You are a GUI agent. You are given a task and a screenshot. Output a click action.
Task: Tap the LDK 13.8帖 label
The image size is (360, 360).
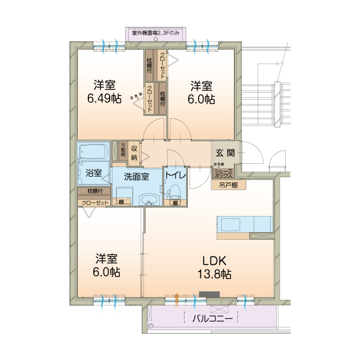point(214,268)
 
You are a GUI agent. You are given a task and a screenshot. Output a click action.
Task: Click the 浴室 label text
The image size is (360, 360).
point(94,173)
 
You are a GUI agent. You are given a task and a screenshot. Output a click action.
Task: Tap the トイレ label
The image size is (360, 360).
point(175,174)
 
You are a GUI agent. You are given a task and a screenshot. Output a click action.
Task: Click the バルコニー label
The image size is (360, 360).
point(212,318)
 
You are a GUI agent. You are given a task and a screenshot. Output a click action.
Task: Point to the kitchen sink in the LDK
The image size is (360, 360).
point(234,224)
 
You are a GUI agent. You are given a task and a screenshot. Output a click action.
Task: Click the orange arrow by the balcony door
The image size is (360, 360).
point(178,299)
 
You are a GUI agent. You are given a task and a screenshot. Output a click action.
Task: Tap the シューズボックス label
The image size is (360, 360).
point(223,174)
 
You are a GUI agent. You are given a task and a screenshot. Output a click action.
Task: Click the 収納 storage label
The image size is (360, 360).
point(134,152)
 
